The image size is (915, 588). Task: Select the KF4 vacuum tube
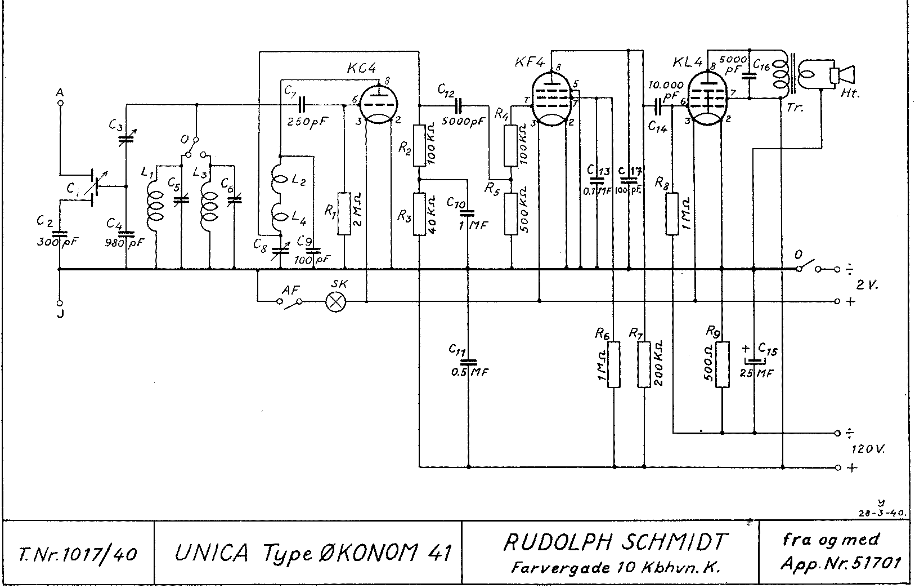(x=552, y=100)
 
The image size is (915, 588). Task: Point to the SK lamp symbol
(x=336, y=302)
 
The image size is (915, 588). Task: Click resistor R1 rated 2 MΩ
(x=344, y=214)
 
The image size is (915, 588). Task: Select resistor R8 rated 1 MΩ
(x=672, y=214)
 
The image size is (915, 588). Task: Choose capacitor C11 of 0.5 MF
(x=468, y=362)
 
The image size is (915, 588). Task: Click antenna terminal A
(x=60, y=103)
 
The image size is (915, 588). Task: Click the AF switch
(x=290, y=302)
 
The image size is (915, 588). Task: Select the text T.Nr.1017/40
(x=77, y=555)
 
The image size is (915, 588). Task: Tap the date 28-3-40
(x=881, y=513)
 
